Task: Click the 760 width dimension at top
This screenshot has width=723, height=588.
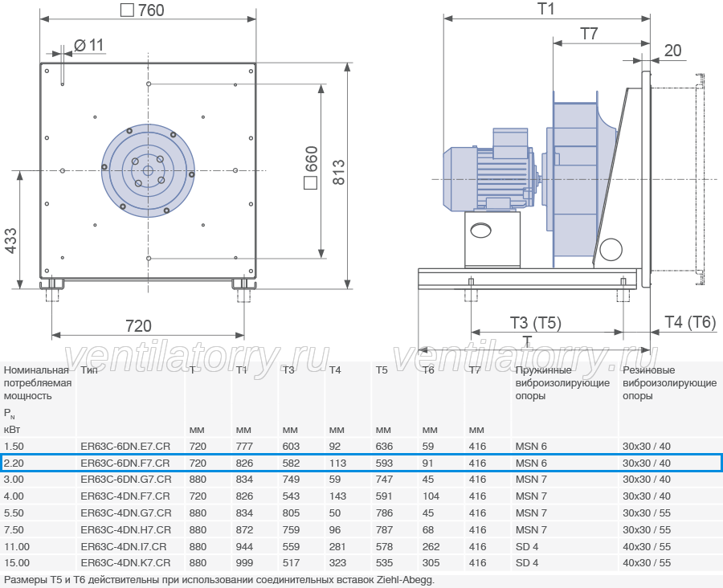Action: (x=142, y=10)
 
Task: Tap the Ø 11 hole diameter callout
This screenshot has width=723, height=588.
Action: (x=89, y=45)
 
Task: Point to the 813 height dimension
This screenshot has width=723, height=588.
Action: (x=338, y=173)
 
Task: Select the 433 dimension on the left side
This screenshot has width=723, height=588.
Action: (x=10, y=240)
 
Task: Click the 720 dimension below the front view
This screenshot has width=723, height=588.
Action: (x=138, y=326)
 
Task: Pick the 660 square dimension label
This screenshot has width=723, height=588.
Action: (x=311, y=167)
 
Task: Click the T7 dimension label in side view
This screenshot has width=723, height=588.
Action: (x=589, y=34)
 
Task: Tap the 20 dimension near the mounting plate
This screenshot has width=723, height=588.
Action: (x=672, y=51)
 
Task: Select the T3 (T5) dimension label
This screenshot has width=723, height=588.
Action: (x=535, y=323)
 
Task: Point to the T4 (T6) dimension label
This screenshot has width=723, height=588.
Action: (x=690, y=322)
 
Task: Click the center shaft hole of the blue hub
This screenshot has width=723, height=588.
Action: (x=148, y=171)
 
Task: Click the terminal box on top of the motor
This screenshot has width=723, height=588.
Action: (x=510, y=144)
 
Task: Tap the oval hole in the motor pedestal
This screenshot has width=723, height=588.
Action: (x=480, y=230)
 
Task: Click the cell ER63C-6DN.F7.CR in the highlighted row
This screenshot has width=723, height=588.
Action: (x=125, y=463)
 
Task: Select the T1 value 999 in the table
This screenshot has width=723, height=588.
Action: (x=244, y=563)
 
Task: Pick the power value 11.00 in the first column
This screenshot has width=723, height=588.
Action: (x=17, y=546)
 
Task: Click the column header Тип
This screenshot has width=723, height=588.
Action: (x=89, y=370)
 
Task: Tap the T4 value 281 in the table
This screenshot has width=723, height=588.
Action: (x=337, y=546)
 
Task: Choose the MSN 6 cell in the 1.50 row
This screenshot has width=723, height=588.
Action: (x=531, y=447)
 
